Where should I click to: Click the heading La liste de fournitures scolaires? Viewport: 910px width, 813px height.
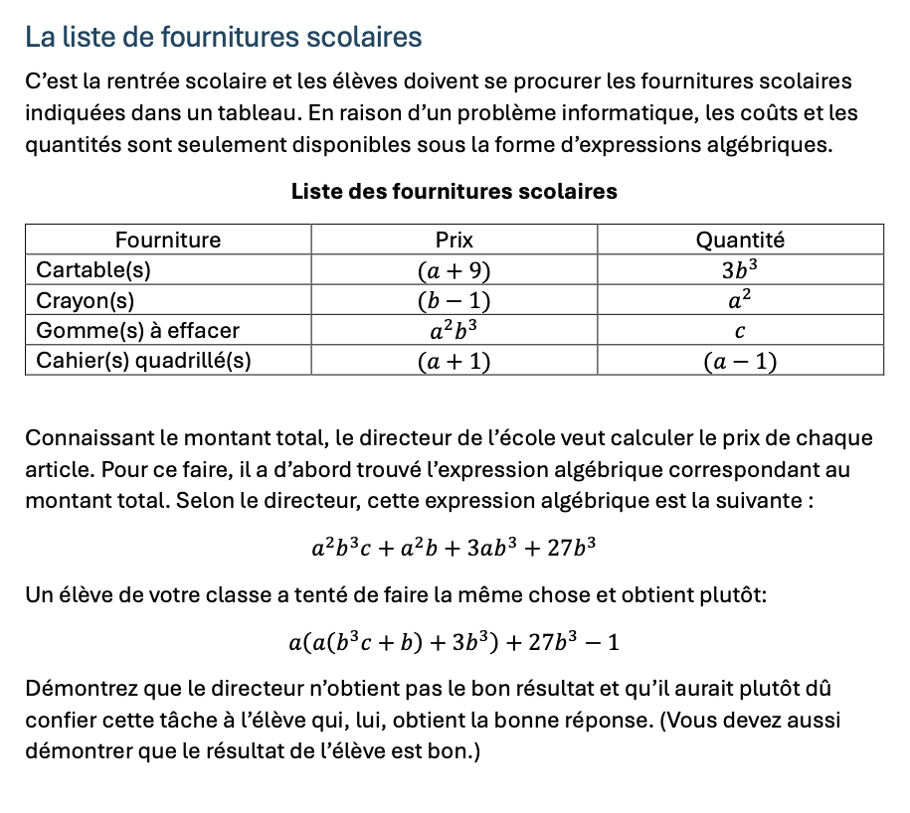[224, 38]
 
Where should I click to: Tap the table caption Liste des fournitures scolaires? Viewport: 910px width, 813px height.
[455, 191]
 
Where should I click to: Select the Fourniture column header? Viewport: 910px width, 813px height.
[168, 240]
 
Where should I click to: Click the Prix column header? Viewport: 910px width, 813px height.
[455, 240]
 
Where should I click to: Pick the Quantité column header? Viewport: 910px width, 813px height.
[740, 240]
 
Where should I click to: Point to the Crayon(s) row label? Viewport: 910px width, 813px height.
[86, 300]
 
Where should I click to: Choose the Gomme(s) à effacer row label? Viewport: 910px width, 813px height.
[137, 330]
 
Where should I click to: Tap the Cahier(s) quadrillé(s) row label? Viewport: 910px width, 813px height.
[143, 360]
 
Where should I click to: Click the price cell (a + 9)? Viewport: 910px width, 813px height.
[454, 270]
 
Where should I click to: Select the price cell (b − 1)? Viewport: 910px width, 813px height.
[454, 300]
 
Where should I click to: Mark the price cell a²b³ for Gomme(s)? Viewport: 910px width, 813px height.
[454, 329]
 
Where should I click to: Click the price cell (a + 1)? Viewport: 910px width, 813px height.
[454, 361]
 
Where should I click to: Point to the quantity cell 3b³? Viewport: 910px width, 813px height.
[740, 269]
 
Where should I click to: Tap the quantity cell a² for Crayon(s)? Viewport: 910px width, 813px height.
[740, 299]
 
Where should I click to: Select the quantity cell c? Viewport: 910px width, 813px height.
[740, 331]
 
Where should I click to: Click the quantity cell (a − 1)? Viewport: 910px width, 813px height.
[740, 361]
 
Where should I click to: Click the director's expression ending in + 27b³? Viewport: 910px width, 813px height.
[454, 547]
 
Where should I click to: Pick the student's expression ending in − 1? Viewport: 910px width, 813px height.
[454, 642]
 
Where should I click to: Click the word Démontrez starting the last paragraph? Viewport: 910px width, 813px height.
[75, 688]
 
